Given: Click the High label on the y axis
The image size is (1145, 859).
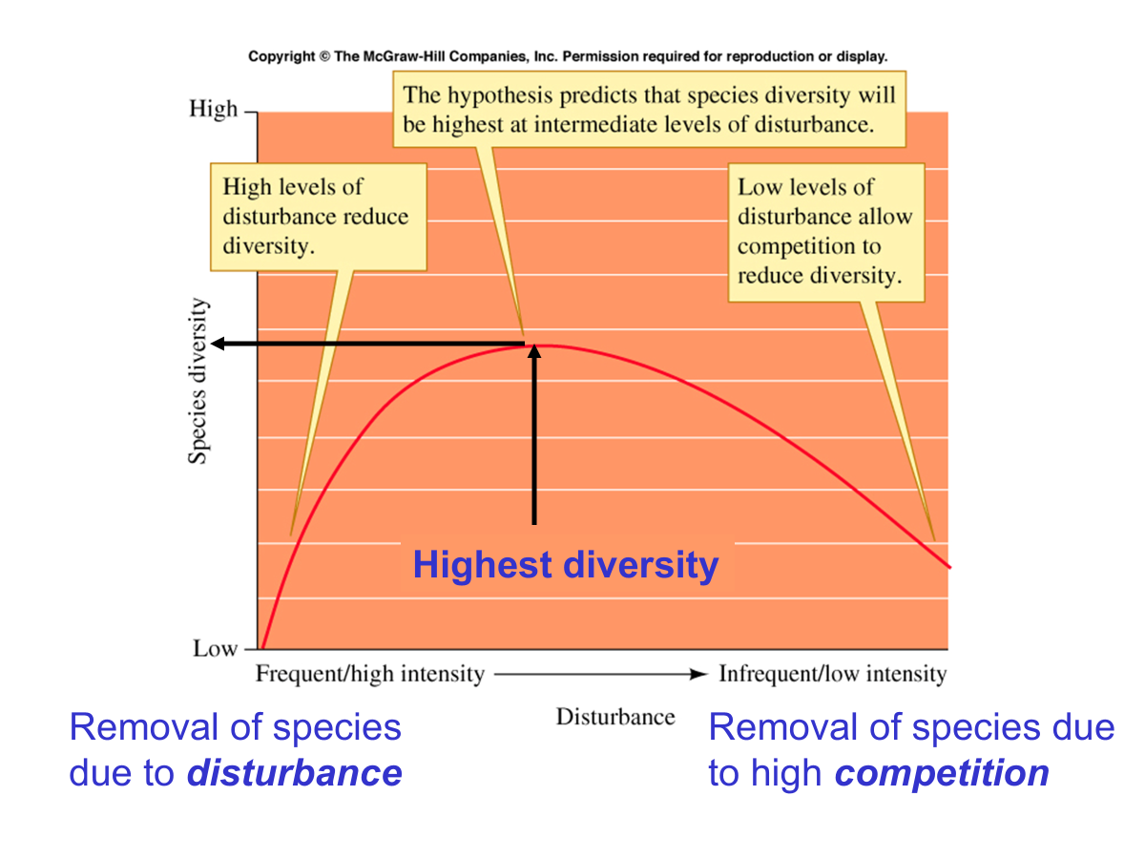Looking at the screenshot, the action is click(213, 110).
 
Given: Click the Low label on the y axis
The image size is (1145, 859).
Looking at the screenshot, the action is click(215, 649).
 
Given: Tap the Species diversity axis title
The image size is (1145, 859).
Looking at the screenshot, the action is click(198, 381).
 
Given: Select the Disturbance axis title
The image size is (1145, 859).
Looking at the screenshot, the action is click(615, 717).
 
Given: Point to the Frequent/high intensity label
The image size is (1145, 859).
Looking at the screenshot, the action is click(370, 674).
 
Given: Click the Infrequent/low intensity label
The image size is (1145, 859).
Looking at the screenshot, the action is click(833, 674).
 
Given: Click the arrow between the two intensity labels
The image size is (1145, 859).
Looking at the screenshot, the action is click(600, 675).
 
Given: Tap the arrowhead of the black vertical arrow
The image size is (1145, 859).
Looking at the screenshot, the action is click(534, 351).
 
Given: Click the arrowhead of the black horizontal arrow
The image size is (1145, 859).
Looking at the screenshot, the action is click(217, 344).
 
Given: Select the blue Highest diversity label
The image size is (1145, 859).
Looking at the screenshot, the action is click(566, 565).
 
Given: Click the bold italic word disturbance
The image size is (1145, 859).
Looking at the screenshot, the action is click(295, 773).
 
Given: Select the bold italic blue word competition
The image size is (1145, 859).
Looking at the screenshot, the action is click(942, 774).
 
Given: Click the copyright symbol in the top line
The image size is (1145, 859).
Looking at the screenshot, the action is click(324, 56).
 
